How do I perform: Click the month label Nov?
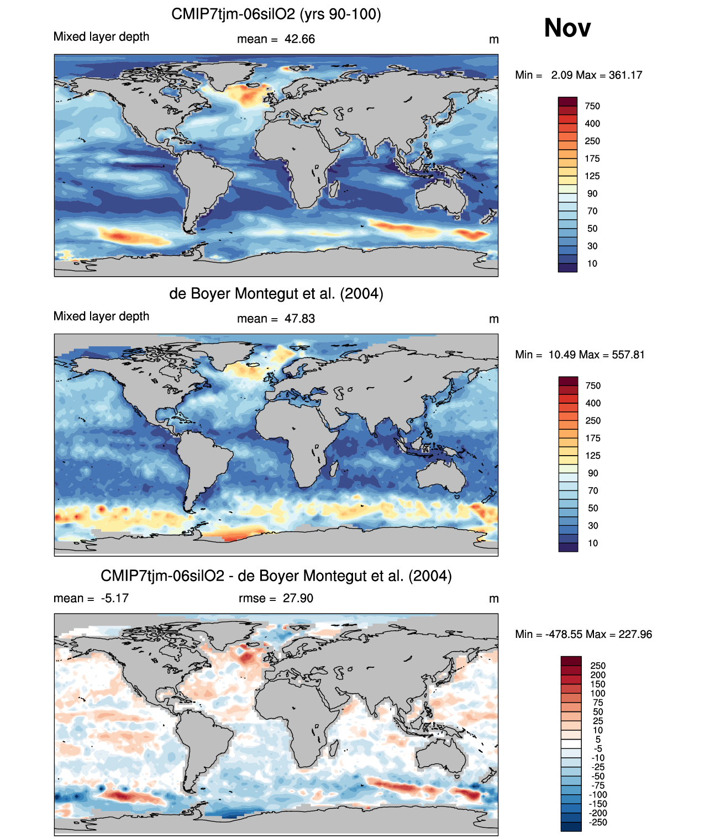(567, 28)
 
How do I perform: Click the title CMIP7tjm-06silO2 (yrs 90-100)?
(276, 14)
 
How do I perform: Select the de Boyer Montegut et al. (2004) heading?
(276, 293)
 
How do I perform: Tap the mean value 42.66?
(299, 39)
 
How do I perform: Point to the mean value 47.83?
(299, 319)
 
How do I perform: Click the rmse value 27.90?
(298, 598)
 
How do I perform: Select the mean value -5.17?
(114, 598)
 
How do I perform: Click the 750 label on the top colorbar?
(592, 106)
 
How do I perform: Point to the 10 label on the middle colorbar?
(592, 543)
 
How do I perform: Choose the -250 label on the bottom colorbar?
(598, 822)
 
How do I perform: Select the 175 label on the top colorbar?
(592, 159)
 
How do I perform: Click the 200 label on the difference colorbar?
(598, 675)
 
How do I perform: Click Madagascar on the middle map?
(334, 468)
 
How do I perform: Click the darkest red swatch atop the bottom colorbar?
(571, 661)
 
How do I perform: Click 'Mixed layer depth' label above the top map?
(101, 36)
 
